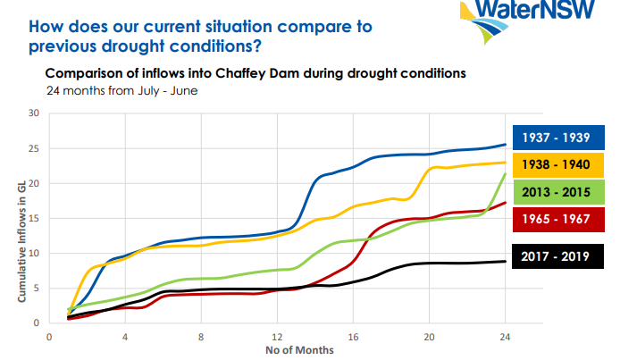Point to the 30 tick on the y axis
pos(35,113)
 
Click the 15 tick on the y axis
pos(35,218)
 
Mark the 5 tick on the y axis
pos(38,288)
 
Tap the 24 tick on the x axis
pos(506,337)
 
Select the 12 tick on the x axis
pos(277,337)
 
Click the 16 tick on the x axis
pos(353,337)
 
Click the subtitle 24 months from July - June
pos(111,90)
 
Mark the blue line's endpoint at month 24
pos(506,144)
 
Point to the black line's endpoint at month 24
pos(506,261)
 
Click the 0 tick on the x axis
pos(48,337)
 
